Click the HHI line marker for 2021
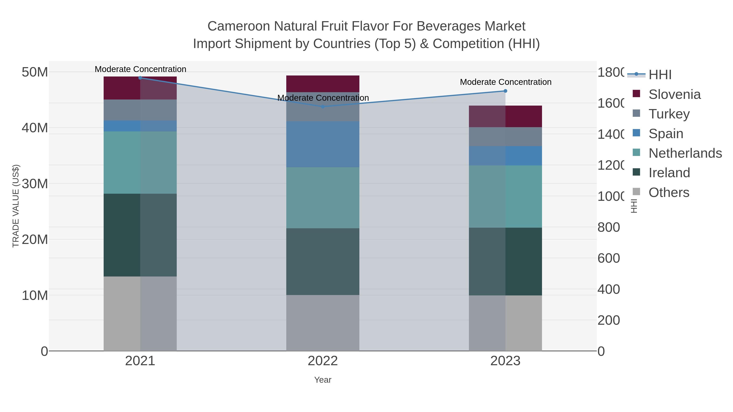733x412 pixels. click(x=140, y=78)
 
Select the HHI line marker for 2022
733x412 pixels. click(x=323, y=107)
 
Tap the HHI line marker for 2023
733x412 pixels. click(x=505, y=91)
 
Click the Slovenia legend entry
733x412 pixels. click(x=674, y=94)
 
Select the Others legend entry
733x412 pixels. click(x=669, y=192)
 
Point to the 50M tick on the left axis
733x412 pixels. click(x=35, y=72)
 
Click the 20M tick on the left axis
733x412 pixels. click(x=35, y=240)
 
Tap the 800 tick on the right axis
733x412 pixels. click(x=609, y=227)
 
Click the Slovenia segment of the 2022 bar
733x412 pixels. click(x=323, y=84)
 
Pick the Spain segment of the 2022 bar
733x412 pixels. click(x=323, y=144)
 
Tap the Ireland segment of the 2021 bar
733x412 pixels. click(x=140, y=235)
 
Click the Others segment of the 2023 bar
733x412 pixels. click(x=505, y=323)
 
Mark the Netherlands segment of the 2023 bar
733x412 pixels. click(x=505, y=197)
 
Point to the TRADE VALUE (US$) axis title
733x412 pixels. click(x=16, y=206)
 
